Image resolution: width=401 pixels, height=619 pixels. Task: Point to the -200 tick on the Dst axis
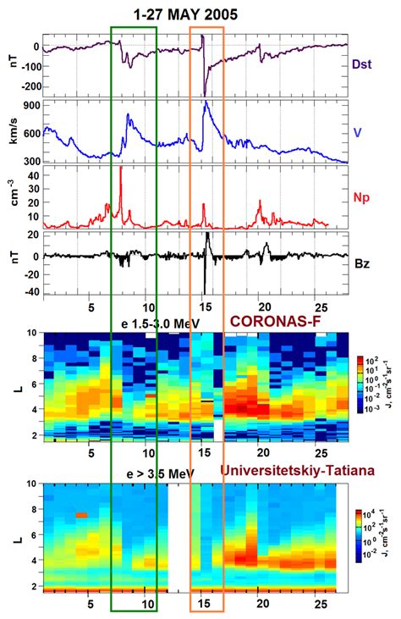coord(30,87)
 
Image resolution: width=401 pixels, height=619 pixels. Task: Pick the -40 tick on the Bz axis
coord(31,292)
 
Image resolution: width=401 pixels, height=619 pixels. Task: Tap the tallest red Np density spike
coord(121,169)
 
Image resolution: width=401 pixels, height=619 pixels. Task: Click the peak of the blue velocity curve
coord(206,103)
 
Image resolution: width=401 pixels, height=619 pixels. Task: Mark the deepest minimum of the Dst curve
coord(205,95)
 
